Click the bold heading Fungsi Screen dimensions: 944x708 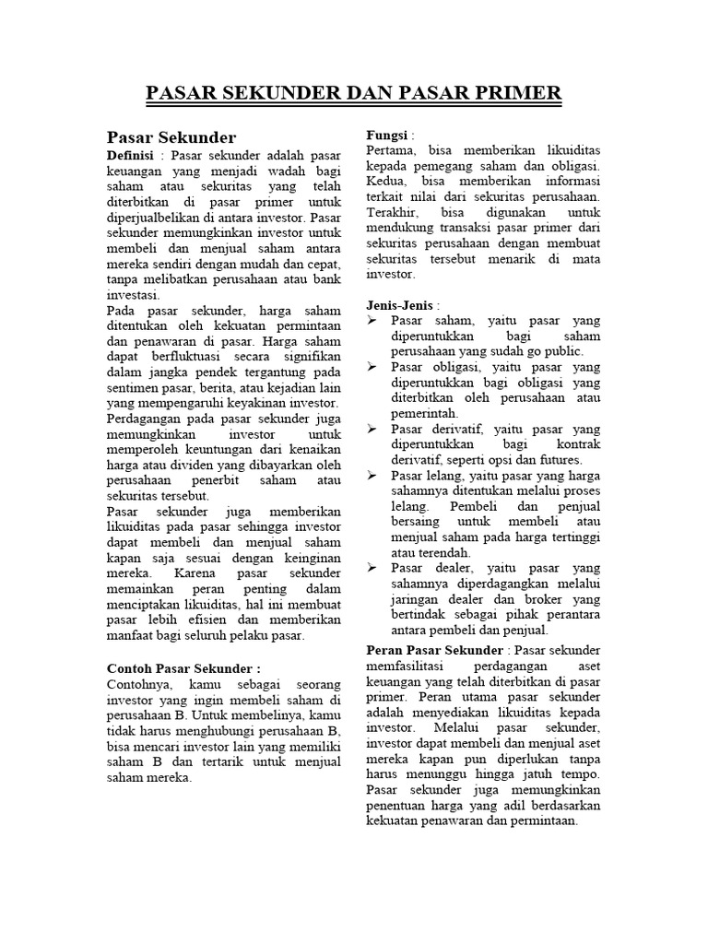pos(387,134)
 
